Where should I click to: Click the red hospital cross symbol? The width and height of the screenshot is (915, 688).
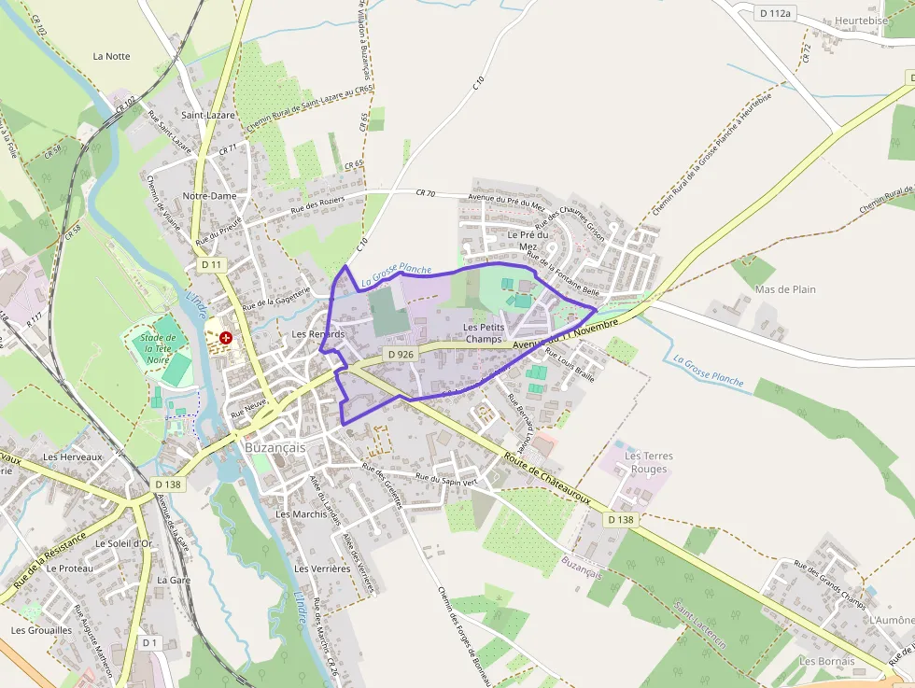coord(225,337)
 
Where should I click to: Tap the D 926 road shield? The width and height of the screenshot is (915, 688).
coord(400,355)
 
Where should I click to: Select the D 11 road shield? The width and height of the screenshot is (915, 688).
coord(212,265)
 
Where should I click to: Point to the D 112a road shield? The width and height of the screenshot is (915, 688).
coord(775,13)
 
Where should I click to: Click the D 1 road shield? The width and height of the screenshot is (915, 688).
coord(150,642)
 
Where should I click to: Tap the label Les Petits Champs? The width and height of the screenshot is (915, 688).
coord(484,333)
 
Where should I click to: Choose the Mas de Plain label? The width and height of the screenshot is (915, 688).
coord(785,289)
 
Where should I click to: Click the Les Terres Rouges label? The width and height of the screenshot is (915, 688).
coord(649,462)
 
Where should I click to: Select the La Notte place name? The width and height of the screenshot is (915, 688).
coord(111,56)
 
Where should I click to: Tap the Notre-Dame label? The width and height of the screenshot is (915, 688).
coord(209,196)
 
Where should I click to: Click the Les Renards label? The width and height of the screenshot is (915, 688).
coord(318,333)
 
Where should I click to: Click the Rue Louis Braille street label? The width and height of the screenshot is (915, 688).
coord(570,365)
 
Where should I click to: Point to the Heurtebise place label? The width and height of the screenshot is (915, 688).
coord(862,21)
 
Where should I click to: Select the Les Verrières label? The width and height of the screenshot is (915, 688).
coord(322,569)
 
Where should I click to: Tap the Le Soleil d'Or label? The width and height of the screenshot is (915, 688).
coord(123,543)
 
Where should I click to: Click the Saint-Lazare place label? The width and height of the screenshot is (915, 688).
coord(208,115)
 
